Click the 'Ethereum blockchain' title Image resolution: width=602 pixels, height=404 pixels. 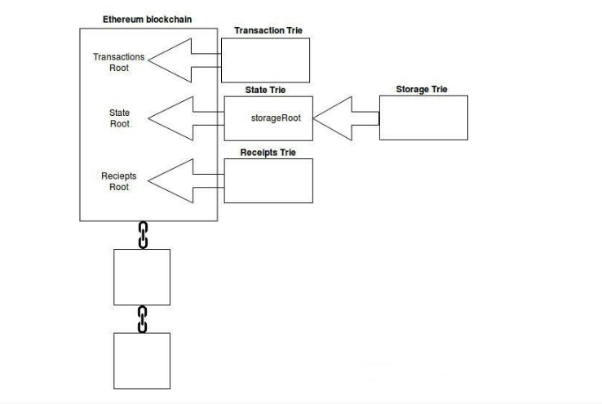(x=147, y=20)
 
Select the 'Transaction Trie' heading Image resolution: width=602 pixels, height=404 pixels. (x=268, y=30)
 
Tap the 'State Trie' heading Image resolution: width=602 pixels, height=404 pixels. (x=265, y=90)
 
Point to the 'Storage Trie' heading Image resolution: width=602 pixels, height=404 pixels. (x=422, y=89)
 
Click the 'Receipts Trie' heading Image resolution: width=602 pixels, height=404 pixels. (x=268, y=153)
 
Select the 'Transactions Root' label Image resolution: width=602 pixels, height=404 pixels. (x=119, y=62)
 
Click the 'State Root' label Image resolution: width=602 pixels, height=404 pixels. (x=119, y=118)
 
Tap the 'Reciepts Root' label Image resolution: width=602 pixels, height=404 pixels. (x=119, y=181)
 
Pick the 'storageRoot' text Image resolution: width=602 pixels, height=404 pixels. (x=276, y=118)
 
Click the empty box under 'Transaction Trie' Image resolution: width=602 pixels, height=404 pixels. (x=265, y=60)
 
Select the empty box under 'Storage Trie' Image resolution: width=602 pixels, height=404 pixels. (x=423, y=118)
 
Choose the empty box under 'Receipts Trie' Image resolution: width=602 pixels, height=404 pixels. (x=268, y=181)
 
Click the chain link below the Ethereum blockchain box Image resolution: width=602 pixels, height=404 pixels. (x=143, y=235)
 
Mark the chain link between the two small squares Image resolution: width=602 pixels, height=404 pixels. (x=142, y=319)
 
